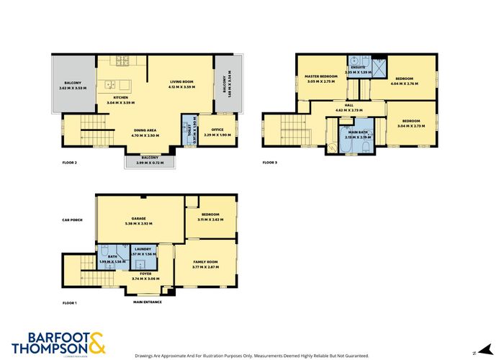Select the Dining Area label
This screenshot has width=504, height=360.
pos(145,130)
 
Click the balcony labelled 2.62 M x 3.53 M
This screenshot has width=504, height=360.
pos(71,83)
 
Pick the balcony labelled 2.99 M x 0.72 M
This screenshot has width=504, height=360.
pos(149,157)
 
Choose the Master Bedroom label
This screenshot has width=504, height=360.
pos(321,76)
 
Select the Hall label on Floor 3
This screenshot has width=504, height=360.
pos(348,105)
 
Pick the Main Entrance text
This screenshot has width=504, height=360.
pos(147,302)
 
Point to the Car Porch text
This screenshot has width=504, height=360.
pos(72,220)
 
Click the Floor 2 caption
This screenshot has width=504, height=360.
pos(69,163)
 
